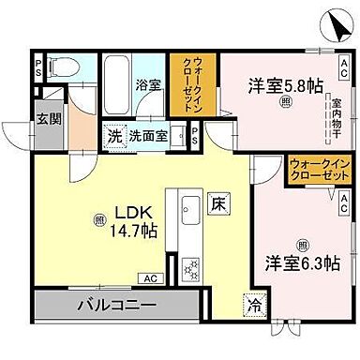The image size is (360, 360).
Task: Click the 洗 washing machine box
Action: pos(113,134)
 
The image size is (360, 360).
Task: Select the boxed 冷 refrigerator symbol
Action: pos(255,303)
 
